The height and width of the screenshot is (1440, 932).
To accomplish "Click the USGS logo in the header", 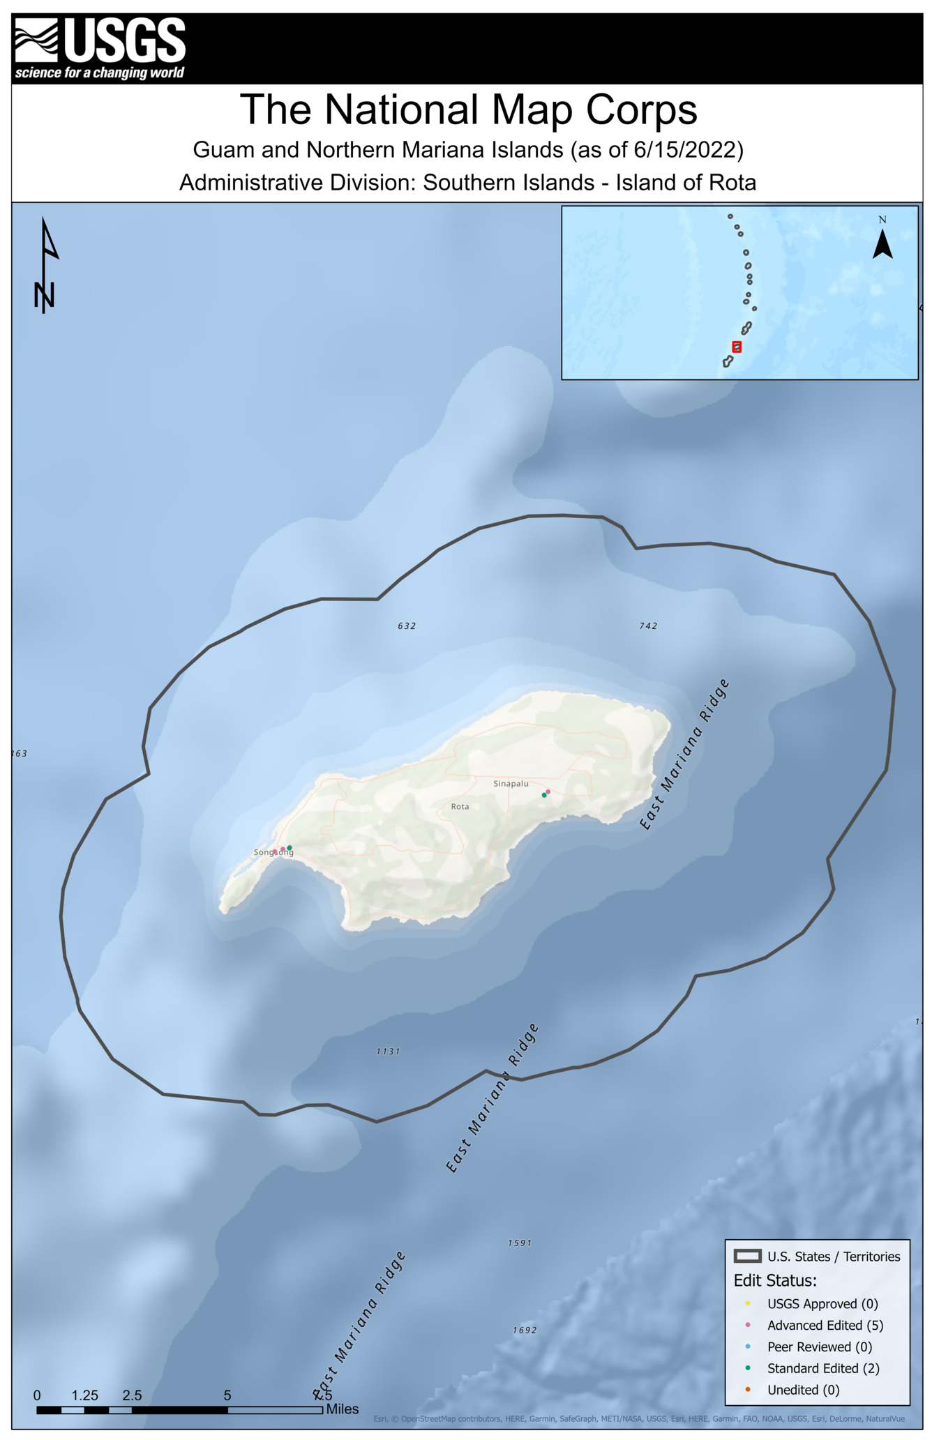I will pyautogui.click(x=100, y=48).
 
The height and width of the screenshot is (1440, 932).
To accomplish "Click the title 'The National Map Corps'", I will pyautogui.click(x=468, y=109).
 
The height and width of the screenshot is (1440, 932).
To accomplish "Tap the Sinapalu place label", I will pyautogui.click(x=511, y=784).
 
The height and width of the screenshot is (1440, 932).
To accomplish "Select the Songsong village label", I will pyautogui.click(x=273, y=852).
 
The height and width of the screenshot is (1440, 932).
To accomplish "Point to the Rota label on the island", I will pyautogui.click(x=460, y=807).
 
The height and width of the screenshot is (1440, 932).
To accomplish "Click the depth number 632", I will pyautogui.click(x=407, y=626).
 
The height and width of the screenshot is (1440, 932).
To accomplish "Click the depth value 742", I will pyautogui.click(x=648, y=626).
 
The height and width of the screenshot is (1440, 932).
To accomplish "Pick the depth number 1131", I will pyautogui.click(x=388, y=1052).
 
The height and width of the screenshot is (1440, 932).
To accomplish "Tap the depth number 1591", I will pyautogui.click(x=520, y=1243).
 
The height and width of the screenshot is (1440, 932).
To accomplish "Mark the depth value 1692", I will pyautogui.click(x=525, y=1331).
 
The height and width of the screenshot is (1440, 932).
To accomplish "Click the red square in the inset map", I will pyautogui.click(x=737, y=347).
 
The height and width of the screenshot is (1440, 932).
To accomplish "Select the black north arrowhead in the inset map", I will pyautogui.click(x=882, y=245).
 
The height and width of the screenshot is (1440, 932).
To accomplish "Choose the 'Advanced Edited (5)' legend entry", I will pyautogui.click(x=825, y=1326).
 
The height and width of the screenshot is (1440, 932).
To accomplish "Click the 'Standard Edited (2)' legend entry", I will pyautogui.click(x=822, y=1368).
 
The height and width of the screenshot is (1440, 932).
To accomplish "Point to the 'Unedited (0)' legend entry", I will pyautogui.click(x=803, y=1390).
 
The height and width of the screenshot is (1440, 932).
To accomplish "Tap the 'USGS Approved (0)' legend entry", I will pyautogui.click(x=822, y=1304).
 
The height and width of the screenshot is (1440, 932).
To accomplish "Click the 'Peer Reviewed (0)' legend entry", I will pyautogui.click(x=819, y=1347).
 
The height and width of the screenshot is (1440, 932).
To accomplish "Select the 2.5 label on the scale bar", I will pyautogui.click(x=132, y=1395).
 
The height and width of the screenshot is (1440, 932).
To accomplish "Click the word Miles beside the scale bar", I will pyautogui.click(x=343, y=1409).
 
